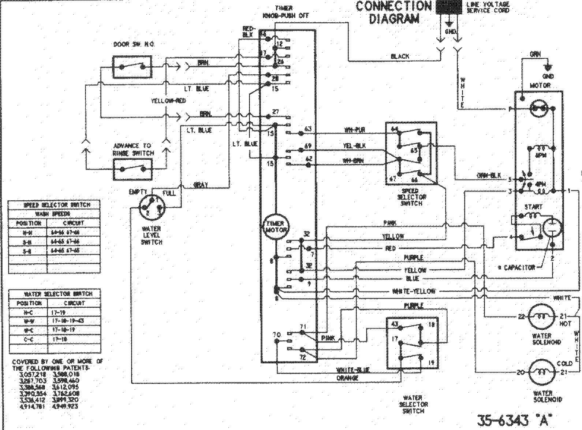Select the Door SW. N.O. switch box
coord(133,67)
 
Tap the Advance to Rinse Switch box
coord(133,169)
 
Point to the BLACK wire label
coord(400,56)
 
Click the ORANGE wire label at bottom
coord(347,378)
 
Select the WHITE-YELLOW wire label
coord(414,291)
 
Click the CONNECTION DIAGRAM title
coord(393,12)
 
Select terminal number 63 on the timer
coord(308,129)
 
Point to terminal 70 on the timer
coord(276,334)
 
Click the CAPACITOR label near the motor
coord(516,267)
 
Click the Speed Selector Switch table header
coord(54,205)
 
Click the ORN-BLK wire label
coord(489,175)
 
